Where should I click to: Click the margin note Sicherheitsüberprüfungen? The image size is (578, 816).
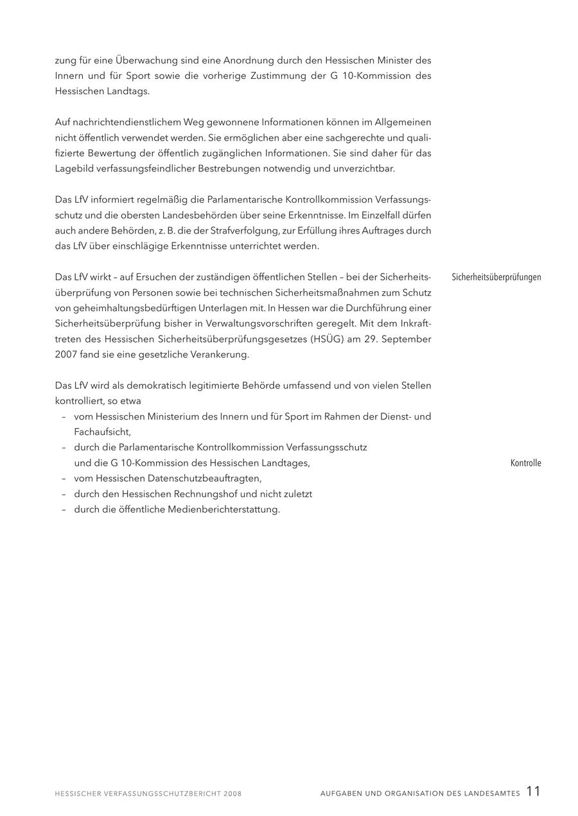click(496, 277)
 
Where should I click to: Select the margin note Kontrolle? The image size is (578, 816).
click(525, 463)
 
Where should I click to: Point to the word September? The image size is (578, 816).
click(406, 339)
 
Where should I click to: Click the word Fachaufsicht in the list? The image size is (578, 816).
click(101, 432)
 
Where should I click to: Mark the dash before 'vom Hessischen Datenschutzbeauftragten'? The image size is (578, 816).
click(64, 479)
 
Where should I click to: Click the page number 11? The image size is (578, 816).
click(533, 792)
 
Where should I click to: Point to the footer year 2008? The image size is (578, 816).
click(232, 794)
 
